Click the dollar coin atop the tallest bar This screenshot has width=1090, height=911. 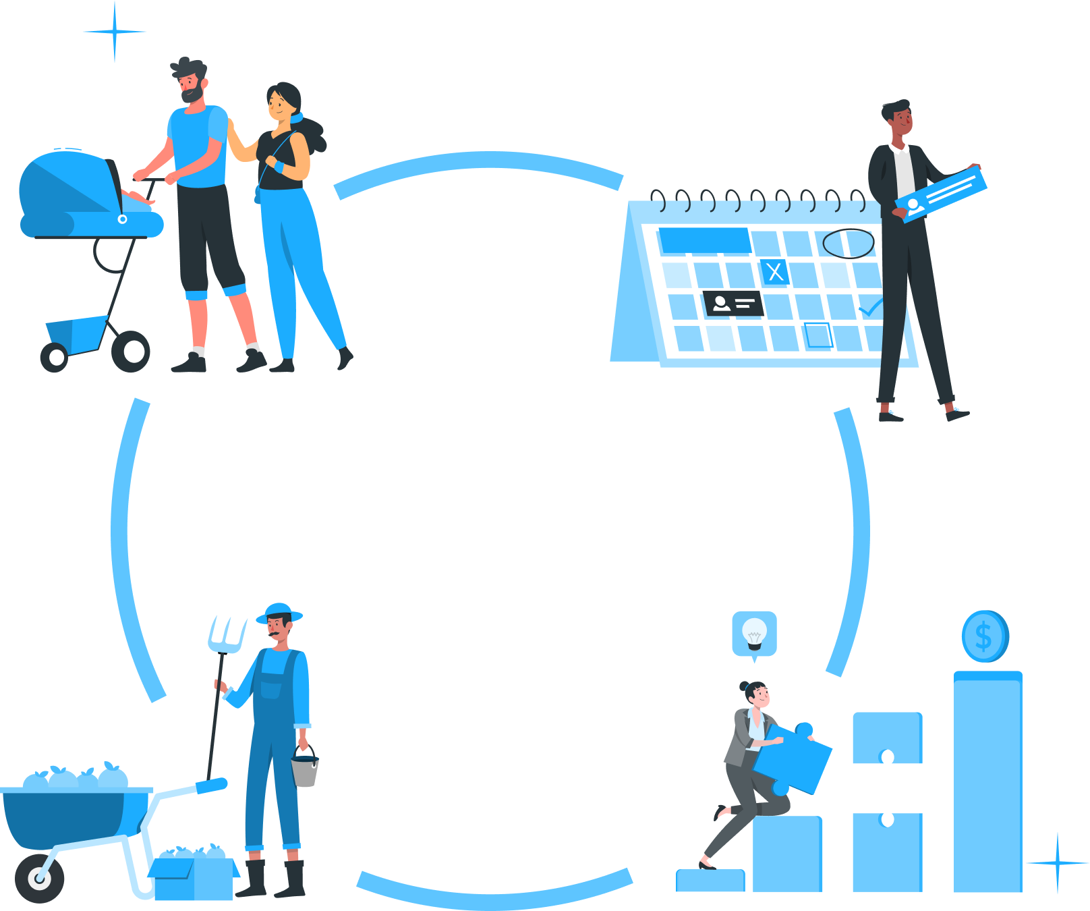click(x=985, y=636)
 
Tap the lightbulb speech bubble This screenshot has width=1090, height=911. click(x=754, y=634)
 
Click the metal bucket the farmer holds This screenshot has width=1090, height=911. click(x=305, y=771)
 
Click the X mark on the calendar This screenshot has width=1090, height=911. click(x=775, y=271)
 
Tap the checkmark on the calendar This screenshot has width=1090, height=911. click(x=870, y=308)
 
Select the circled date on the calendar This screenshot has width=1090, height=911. click(x=848, y=244)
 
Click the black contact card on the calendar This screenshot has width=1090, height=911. click(x=733, y=304)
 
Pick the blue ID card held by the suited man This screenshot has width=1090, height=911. click(x=941, y=194)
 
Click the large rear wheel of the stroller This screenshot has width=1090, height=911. click(x=131, y=352)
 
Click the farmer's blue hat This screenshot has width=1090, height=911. click(x=279, y=613)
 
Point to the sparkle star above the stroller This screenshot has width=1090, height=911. click(x=115, y=31)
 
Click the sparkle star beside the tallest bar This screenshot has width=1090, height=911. click(x=1057, y=862)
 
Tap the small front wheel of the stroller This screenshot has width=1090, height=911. click(x=55, y=357)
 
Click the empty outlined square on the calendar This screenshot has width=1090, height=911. click(x=818, y=335)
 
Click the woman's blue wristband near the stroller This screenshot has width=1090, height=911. click(x=278, y=166)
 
